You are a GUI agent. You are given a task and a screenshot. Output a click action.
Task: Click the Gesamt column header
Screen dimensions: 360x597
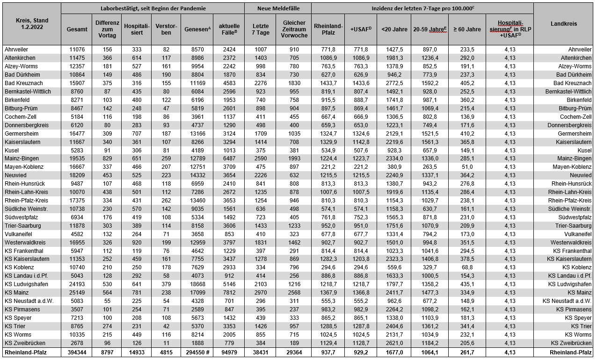(x=77, y=29)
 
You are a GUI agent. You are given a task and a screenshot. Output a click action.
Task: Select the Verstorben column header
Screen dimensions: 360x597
(x=166, y=29)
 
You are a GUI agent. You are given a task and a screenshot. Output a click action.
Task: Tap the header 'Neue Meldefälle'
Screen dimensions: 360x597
(x=277, y=8)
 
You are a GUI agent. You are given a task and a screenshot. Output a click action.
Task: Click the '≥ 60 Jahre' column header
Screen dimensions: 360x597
(x=467, y=29)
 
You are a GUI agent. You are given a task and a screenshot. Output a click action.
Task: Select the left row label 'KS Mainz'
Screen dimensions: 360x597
(x=16, y=293)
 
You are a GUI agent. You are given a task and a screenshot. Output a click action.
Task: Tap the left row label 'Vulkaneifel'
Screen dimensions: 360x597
(x=18, y=234)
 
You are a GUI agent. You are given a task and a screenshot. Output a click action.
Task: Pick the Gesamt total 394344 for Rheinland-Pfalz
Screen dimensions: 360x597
(x=77, y=352)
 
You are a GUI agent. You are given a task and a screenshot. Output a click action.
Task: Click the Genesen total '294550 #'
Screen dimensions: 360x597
(x=197, y=352)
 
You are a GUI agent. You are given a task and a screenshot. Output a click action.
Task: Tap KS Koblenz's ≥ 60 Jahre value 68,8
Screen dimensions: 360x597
(x=467, y=267)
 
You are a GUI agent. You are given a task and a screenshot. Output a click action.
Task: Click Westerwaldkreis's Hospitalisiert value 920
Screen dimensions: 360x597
(x=136, y=242)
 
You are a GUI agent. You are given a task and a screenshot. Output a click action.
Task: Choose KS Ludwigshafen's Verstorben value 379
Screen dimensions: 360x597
(x=166, y=284)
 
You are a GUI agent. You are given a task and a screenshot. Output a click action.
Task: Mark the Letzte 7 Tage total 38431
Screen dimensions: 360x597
(x=261, y=352)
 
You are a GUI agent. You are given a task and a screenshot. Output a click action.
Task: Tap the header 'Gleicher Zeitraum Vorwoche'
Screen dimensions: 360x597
(x=294, y=29)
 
